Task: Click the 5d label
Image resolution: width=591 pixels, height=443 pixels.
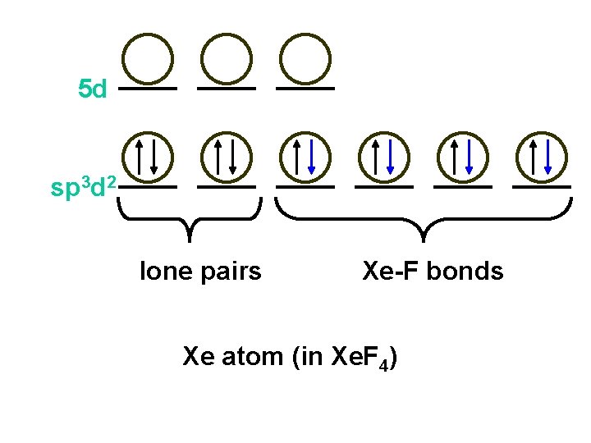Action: point(92,89)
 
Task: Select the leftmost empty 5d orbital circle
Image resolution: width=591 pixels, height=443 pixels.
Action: point(149,58)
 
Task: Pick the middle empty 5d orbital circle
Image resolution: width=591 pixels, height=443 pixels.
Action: point(227,58)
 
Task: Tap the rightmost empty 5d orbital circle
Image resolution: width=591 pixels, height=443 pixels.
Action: point(305,58)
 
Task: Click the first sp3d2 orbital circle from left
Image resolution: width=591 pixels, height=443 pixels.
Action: point(149,156)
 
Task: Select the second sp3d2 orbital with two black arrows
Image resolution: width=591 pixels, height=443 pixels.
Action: point(227,156)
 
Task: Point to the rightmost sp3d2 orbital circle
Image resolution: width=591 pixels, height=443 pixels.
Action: point(542,156)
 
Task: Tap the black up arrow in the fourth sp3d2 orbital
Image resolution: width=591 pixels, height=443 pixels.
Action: point(375,156)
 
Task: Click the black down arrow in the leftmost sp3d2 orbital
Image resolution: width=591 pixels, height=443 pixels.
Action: point(155,156)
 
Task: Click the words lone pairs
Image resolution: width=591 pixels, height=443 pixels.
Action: point(200,271)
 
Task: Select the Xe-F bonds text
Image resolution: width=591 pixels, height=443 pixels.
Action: point(433,271)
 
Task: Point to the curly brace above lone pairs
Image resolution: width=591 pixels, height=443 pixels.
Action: point(190,218)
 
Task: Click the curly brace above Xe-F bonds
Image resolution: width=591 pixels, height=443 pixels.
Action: point(424,218)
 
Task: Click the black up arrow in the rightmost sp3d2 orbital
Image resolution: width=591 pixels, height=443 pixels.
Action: point(534,156)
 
